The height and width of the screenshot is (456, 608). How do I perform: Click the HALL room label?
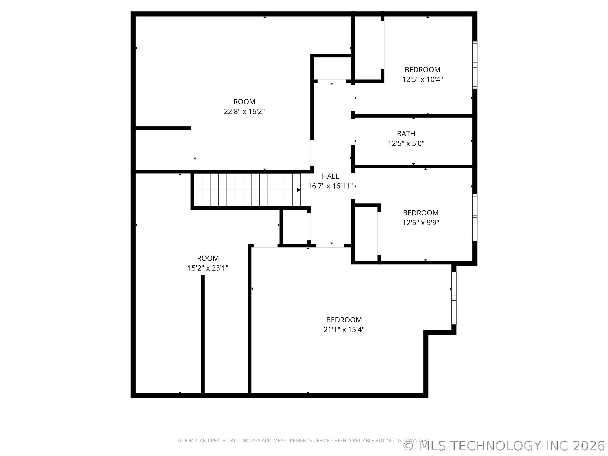coord(330,176)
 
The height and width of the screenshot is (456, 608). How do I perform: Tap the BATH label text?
coord(406,134)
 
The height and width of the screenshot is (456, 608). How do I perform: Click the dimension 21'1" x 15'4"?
coord(344,330)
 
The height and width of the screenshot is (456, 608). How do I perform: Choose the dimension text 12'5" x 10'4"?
coord(422,79)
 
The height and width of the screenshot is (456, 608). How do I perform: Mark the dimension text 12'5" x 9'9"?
coord(421,222)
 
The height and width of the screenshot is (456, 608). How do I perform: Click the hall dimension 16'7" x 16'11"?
coord(330,186)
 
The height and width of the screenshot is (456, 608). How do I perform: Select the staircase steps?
coord(247,190)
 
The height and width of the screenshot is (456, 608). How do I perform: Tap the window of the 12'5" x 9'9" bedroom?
coord(475,218)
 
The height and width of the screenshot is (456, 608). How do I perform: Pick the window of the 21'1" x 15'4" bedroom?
coord(454,298)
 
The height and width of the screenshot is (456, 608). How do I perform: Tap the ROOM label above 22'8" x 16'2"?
coord(244,102)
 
